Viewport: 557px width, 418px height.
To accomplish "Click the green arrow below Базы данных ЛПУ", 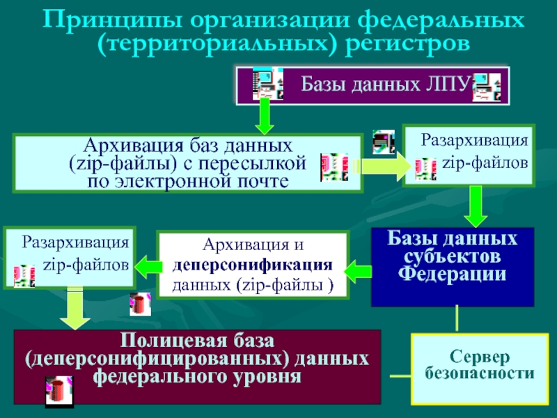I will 265,116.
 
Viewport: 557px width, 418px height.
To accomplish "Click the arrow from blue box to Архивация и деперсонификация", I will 359,268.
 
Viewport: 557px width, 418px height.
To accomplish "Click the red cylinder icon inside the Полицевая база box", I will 58,389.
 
